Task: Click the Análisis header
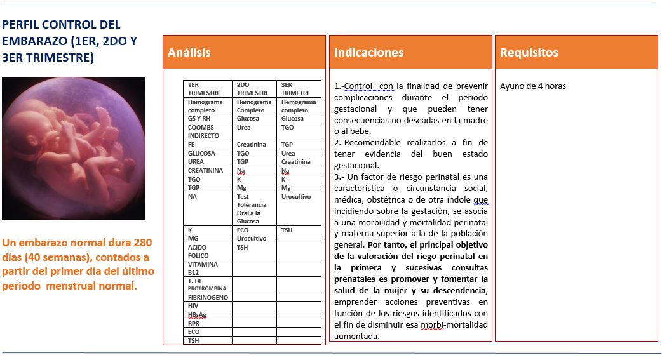(189, 53)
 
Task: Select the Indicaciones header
(368, 53)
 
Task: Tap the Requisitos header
(529, 53)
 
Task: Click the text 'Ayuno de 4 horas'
(532, 86)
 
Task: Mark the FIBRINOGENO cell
(208, 298)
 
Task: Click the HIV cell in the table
(193, 306)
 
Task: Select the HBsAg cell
(197, 315)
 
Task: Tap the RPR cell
(194, 323)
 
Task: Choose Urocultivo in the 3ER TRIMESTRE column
(296, 197)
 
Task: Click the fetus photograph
(74, 149)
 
